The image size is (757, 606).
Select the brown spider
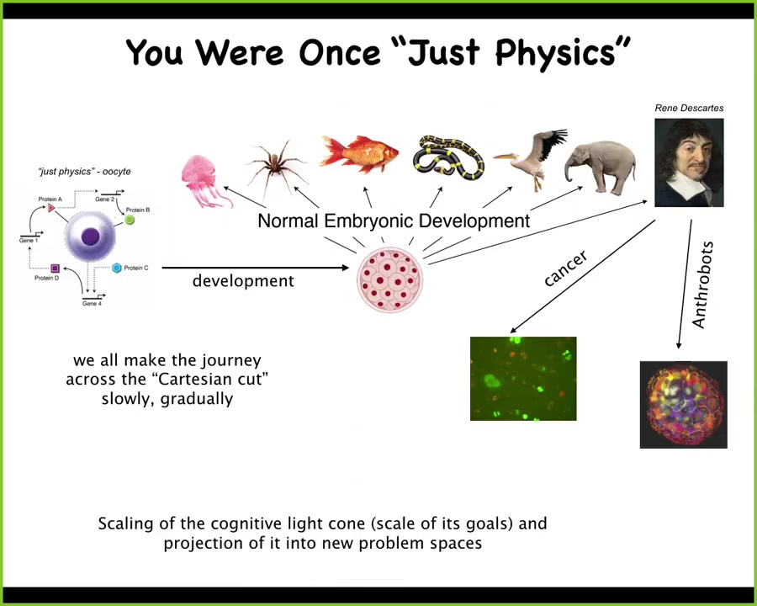(276, 166)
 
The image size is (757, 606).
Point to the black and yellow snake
(448, 158)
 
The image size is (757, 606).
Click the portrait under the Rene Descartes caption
(689, 162)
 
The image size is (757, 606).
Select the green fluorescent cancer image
(523, 379)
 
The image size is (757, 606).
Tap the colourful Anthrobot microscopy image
(684, 405)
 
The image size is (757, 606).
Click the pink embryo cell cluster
(390, 280)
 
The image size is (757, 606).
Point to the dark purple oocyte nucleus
(90, 237)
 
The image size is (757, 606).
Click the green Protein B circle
(130, 220)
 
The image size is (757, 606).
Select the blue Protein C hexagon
(116, 268)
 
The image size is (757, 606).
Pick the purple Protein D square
(55, 268)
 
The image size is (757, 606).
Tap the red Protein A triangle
(51, 208)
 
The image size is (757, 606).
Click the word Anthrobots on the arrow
(702, 285)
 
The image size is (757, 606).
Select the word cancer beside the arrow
(565, 268)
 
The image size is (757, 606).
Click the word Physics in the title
(563, 52)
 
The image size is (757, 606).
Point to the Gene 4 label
(92, 304)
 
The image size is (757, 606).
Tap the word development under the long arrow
(243, 281)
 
